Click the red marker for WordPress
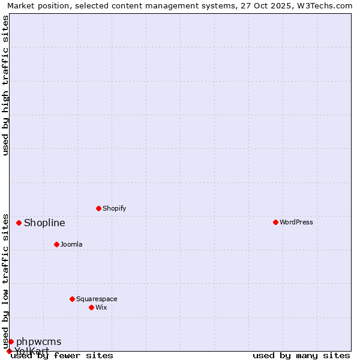coord(275,222)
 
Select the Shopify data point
coord(98,208)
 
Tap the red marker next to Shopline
coord(19,223)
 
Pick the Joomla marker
coord(56,244)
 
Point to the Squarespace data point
coord(72,299)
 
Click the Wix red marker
coord(91,307)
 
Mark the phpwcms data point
coord(11,341)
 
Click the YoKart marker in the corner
coord(9,351)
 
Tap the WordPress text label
coord(296,223)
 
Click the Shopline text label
coord(44,223)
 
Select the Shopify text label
coord(114,209)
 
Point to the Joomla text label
coord(71,245)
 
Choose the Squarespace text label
coord(97,299)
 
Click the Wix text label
coord(101,308)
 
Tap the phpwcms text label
coord(38,342)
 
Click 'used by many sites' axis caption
coord(301,356)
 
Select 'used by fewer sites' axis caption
coord(62,356)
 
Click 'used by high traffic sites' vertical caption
coord(6,85)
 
